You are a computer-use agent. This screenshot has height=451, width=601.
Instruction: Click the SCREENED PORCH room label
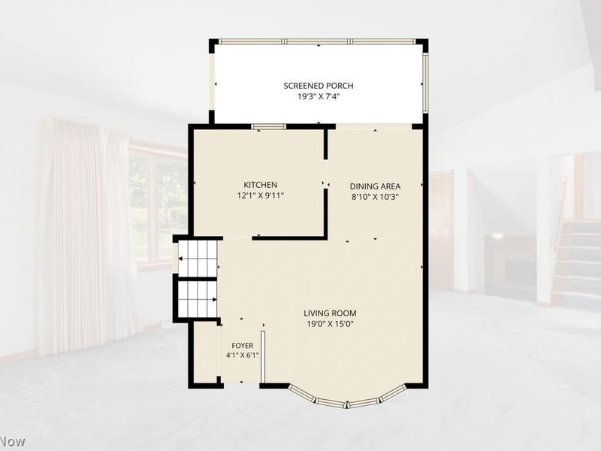(318, 86)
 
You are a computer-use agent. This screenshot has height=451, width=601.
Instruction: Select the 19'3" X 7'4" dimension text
(319, 97)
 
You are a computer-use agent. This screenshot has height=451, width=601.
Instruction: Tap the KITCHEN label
(260, 185)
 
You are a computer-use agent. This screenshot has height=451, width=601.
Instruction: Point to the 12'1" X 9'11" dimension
(260, 195)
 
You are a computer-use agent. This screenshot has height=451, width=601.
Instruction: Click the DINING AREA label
(375, 186)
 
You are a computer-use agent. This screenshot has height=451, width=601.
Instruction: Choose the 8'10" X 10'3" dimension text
(375, 197)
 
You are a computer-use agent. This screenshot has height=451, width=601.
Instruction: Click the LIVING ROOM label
(330, 313)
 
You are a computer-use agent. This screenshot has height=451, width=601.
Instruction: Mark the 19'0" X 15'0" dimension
(330, 324)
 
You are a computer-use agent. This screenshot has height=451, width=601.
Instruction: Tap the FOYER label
(242, 346)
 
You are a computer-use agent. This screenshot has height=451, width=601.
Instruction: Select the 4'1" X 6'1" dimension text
(242, 355)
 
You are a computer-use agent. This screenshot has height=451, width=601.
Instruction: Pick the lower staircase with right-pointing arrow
(198, 299)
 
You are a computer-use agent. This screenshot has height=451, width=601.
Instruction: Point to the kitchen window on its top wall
(269, 126)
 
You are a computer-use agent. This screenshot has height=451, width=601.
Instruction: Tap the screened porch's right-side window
(425, 83)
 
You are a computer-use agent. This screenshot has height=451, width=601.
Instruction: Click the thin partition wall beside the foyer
(263, 356)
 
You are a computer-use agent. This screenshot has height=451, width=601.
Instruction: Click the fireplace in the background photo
(510, 265)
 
